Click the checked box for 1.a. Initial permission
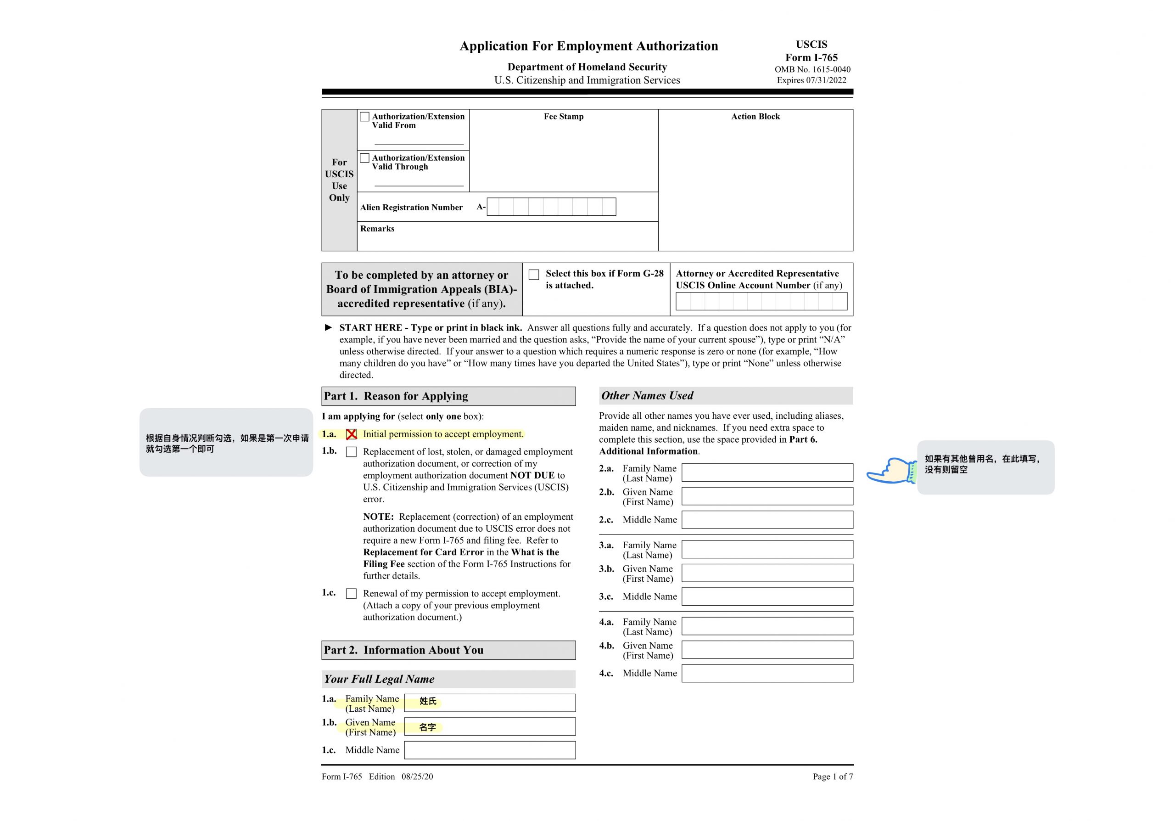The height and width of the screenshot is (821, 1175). coord(351,434)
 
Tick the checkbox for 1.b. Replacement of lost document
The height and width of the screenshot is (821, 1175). coord(351,452)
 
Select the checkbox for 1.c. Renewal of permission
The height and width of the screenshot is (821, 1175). coord(351,594)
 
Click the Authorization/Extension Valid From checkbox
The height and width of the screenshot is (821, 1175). coord(364,117)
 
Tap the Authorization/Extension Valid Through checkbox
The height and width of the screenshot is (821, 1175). coord(364,158)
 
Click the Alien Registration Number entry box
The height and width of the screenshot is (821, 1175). coord(551,207)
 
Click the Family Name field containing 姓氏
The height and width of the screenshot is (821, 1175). coord(489,703)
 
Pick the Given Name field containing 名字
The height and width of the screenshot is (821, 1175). coord(489,726)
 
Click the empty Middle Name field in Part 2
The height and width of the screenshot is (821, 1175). coord(489,750)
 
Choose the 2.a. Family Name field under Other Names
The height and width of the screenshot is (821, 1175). coord(767,472)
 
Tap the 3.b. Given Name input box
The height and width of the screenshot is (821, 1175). coord(767,573)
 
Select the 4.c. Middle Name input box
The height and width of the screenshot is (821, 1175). coord(767,673)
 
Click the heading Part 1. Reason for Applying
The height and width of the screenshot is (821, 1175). coord(396,396)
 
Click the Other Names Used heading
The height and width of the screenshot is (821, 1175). coord(647,396)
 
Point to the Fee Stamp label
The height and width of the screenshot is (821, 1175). coord(564,117)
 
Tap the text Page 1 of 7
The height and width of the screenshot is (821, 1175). coord(833,776)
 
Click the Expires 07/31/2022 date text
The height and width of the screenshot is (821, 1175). coord(811,80)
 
